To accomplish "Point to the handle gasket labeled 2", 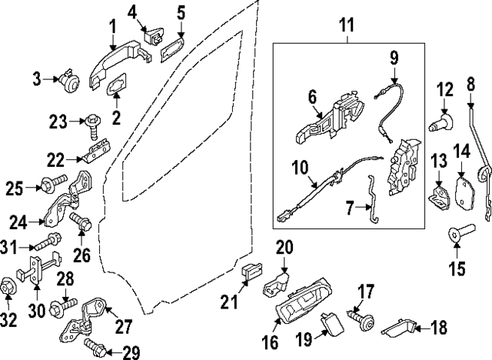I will tap(118, 86).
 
